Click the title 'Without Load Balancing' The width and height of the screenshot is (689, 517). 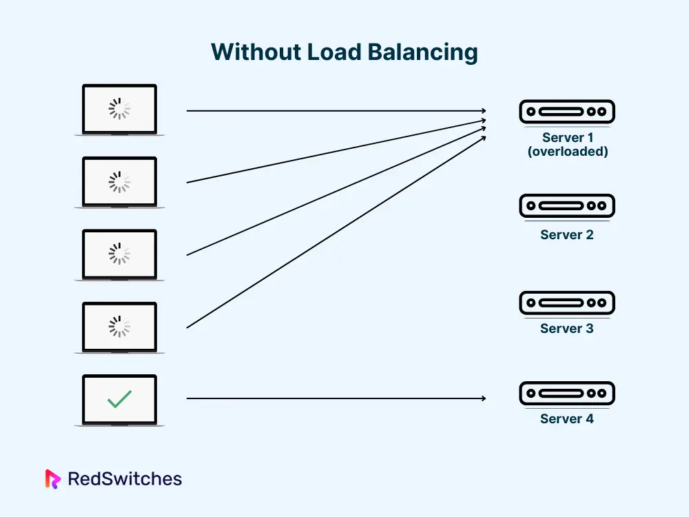tap(344, 52)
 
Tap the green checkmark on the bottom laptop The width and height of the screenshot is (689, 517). tap(119, 398)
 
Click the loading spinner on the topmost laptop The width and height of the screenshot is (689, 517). tap(119, 109)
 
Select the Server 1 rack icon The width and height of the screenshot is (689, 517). tap(566, 111)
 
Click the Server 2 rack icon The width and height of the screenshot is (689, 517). tap(566, 205)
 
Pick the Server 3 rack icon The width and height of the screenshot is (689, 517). tap(566, 303)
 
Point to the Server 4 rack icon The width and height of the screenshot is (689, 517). tap(566, 394)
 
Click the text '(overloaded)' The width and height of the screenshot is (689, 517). tap(568, 151)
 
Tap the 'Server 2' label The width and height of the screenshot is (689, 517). tap(566, 234)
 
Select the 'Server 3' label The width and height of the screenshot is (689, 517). tap(566, 328)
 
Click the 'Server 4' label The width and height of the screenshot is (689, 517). tap(566, 418)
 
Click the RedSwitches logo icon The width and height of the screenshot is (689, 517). tap(53, 478)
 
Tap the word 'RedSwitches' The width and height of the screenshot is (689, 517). tap(125, 478)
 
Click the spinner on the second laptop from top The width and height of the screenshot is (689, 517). tap(119, 181)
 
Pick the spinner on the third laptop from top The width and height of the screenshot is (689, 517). tap(119, 254)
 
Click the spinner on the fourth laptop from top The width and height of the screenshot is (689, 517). tap(119, 327)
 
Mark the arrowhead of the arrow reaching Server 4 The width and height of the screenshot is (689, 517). tap(484, 398)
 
